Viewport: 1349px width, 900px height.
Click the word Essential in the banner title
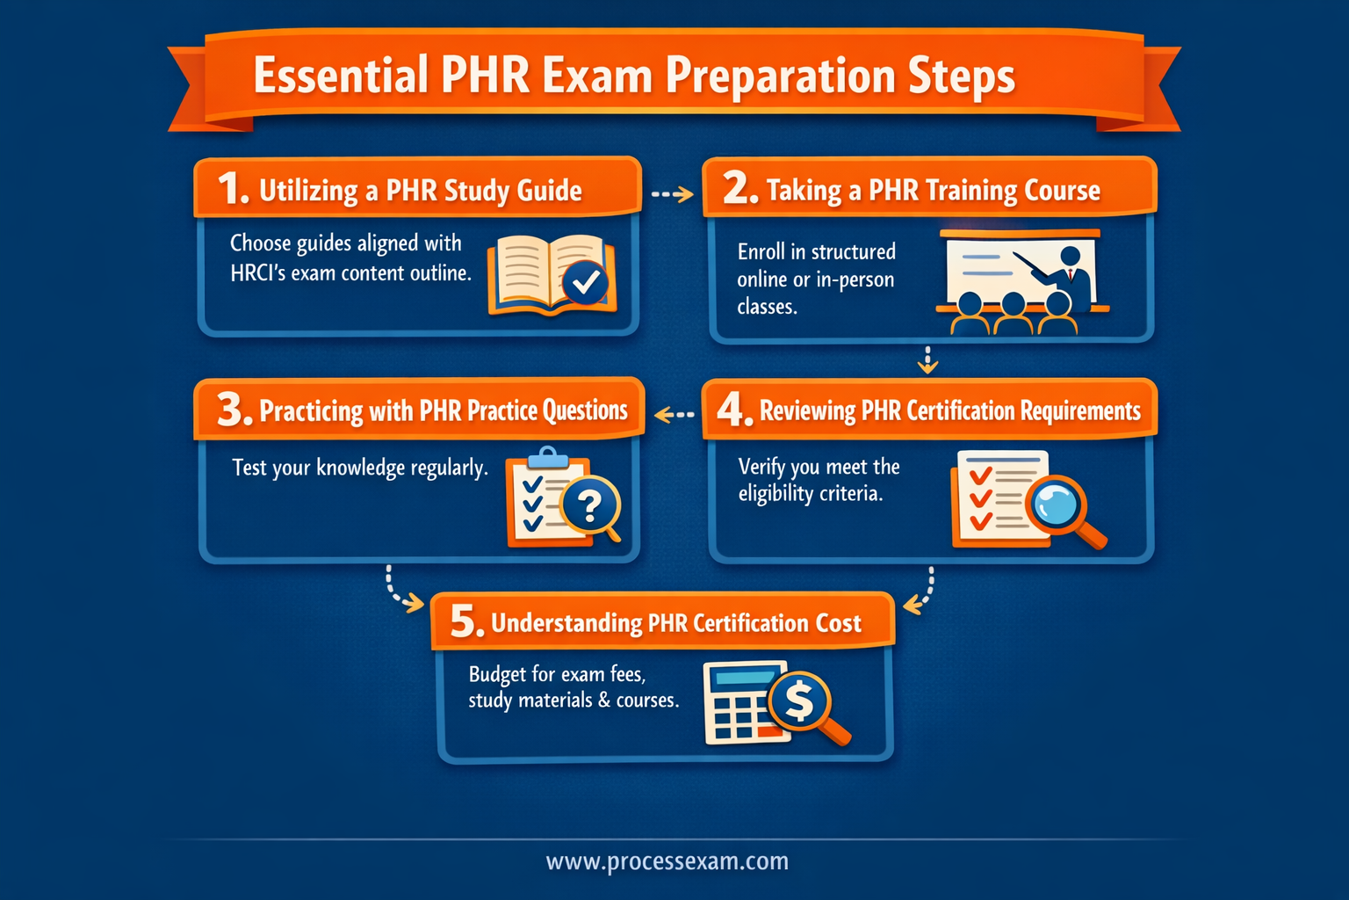tap(340, 76)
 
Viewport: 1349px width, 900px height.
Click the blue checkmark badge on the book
tap(585, 282)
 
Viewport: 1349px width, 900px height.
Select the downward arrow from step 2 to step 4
tap(927, 359)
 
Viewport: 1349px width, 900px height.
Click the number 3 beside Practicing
tap(234, 410)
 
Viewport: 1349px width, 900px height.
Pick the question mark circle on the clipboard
tap(590, 504)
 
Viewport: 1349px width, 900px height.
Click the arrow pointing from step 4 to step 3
tap(674, 414)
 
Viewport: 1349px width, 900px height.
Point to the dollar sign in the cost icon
tap(798, 701)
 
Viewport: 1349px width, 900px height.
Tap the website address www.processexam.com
tap(667, 861)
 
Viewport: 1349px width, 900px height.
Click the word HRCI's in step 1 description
tap(257, 273)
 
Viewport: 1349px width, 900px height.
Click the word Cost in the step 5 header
tap(838, 623)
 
